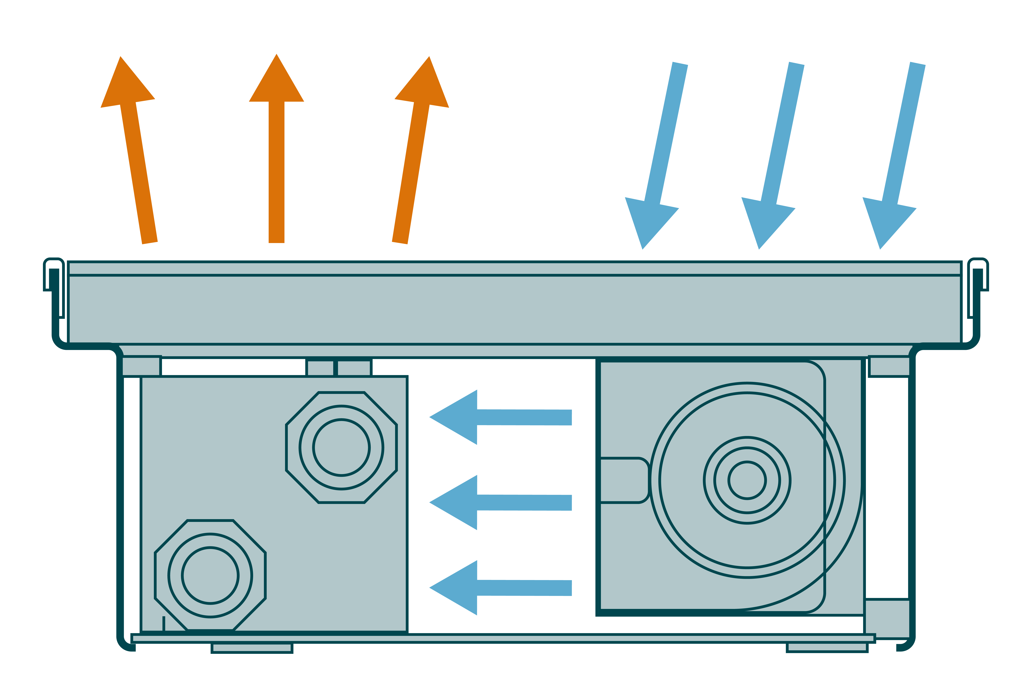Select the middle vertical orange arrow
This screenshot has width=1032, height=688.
tap(276, 158)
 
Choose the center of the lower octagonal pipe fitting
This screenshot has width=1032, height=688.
tap(210, 576)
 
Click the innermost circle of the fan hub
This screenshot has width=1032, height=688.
tap(747, 480)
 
